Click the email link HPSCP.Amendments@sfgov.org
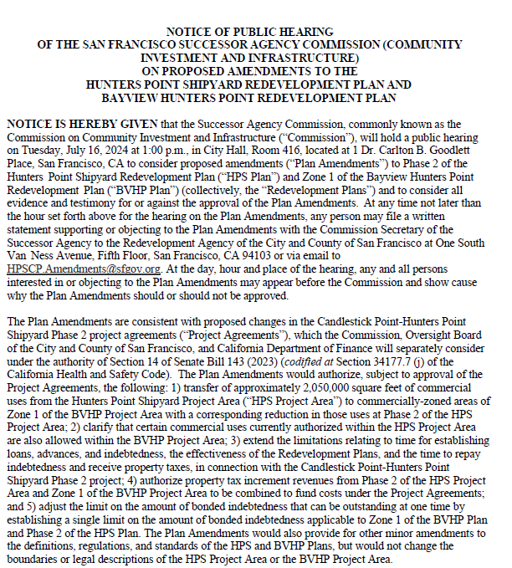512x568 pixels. coord(83,269)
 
